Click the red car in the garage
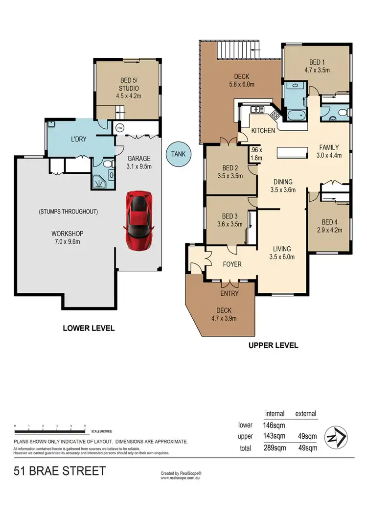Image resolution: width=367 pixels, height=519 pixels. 139,220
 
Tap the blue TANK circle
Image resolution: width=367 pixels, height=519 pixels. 178,154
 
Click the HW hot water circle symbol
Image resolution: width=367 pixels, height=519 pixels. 119,128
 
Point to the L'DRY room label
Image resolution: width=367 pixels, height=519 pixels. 79,139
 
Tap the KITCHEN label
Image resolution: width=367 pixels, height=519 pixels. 263,131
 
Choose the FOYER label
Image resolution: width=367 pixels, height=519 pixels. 232,264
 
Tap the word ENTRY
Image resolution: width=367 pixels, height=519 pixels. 229,293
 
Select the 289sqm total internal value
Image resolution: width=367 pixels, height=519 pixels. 275,448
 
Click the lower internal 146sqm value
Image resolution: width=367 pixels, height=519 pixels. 275,425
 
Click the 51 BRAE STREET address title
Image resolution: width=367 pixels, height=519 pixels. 59,472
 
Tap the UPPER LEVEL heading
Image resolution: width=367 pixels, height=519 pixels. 273,345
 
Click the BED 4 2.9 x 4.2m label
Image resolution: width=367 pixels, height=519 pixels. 328,224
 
